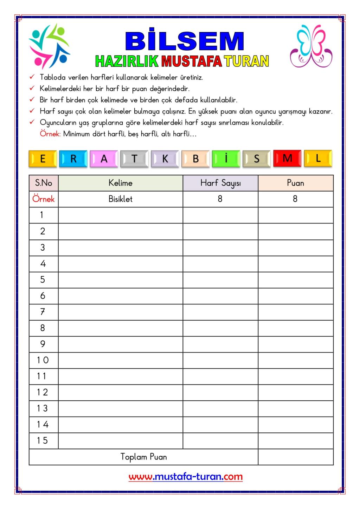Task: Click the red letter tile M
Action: click(x=287, y=159)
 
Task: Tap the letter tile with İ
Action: click(x=226, y=159)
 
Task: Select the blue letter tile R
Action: click(x=73, y=159)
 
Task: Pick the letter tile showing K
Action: click(x=165, y=159)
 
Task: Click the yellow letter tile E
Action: click(x=43, y=159)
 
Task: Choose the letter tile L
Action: click(x=318, y=159)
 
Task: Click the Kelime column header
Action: click(x=120, y=183)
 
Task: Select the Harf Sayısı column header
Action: click(x=220, y=183)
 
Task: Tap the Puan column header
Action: click(x=295, y=183)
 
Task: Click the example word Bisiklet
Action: click(x=120, y=199)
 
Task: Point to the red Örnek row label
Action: click(x=44, y=199)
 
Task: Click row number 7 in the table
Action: click(x=43, y=312)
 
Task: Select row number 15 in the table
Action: click(x=43, y=440)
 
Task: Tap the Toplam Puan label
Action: click(x=143, y=457)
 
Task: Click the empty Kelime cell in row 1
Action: click(x=120, y=215)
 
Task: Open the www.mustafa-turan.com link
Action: click(x=185, y=477)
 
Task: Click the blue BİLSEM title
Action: click(x=185, y=41)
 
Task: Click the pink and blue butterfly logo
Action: click(x=311, y=46)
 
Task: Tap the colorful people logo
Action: click(x=49, y=46)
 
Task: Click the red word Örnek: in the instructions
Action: click(x=50, y=134)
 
